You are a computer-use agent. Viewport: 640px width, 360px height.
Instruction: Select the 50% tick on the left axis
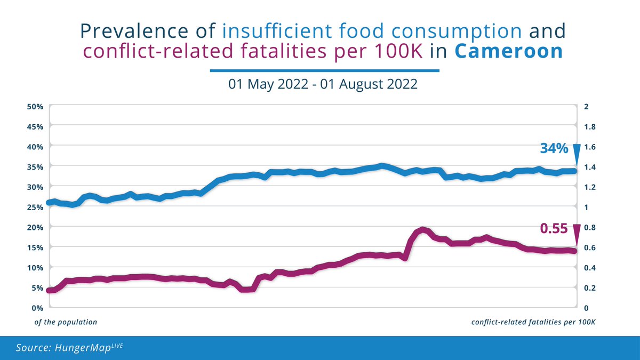click(x=35, y=107)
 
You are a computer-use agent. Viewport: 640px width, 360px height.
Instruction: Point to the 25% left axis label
click(x=35, y=207)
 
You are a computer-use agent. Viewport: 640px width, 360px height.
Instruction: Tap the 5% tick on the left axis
click(x=36, y=288)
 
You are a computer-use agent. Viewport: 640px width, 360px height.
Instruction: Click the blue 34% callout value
click(x=554, y=149)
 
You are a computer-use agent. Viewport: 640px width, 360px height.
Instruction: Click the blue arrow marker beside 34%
click(x=576, y=155)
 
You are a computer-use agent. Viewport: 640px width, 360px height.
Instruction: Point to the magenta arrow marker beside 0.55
click(x=576, y=235)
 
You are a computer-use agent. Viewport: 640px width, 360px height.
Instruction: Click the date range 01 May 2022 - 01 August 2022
click(x=323, y=84)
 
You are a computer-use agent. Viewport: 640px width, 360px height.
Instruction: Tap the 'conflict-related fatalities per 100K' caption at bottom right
click(x=533, y=322)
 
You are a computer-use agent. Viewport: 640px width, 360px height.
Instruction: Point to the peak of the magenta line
click(x=423, y=230)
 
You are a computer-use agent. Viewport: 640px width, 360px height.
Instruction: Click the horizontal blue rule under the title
click(x=324, y=70)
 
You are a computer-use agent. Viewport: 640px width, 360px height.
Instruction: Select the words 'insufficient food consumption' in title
click(x=372, y=31)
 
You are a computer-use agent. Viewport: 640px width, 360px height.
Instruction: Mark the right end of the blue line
click(x=574, y=171)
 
